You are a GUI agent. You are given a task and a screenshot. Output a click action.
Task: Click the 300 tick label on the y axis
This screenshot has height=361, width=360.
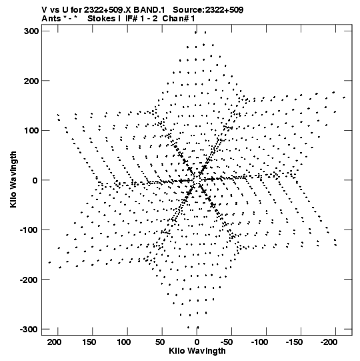pyautogui.click(x=31, y=31)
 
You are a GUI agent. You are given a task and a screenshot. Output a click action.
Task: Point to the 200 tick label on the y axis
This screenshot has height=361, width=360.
pyautogui.click(x=31, y=81)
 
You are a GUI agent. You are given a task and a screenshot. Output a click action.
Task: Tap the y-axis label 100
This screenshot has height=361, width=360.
pyautogui.click(x=31, y=131)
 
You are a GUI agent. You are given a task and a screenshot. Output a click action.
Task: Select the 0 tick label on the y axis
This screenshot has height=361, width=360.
pyautogui.click(x=35, y=180)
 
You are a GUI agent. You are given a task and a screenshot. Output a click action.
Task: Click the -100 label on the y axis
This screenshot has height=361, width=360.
pyautogui.click(x=29, y=230)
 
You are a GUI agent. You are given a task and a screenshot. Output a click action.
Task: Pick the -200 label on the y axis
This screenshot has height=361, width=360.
pyautogui.click(x=29, y=280)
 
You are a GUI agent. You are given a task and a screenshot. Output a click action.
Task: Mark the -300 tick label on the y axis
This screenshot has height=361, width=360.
pyautogui.click(x=29, y=329)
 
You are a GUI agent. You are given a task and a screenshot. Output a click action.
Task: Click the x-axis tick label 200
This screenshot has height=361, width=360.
pyautogui.click(x=54, y=342)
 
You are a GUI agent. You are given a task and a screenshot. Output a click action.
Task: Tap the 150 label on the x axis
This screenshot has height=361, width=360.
pyautogui.click(x=89, y=342)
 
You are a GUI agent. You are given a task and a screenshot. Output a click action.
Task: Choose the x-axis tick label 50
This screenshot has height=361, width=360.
pyautogui.click(x=160, y=342)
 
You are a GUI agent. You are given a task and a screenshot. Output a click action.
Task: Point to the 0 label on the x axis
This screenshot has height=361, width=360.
pyautogui.click(x=197, y=342)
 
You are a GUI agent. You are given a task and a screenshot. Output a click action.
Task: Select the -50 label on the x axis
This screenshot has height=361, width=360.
pyautogui.click(x=227, y=342)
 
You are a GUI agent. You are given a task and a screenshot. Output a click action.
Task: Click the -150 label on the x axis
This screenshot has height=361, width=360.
pyautogui.click(x=294, y=342)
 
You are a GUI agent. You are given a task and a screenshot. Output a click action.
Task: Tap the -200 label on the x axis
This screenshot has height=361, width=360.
pyautogui.click(x=329, y=342)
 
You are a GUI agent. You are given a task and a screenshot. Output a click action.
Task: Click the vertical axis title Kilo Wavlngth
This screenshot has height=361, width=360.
pyautogui.click(x=13, y=179)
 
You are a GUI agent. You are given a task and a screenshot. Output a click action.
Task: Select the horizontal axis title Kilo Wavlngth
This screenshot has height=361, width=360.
pyautogui.click(x=197, y=351)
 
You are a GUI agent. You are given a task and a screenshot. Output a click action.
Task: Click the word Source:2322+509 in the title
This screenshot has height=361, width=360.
pyautogui.click(x=208, y=10)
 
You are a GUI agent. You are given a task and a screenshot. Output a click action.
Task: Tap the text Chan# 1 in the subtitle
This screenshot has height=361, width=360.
pyautogui.click(x=179, y=19)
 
